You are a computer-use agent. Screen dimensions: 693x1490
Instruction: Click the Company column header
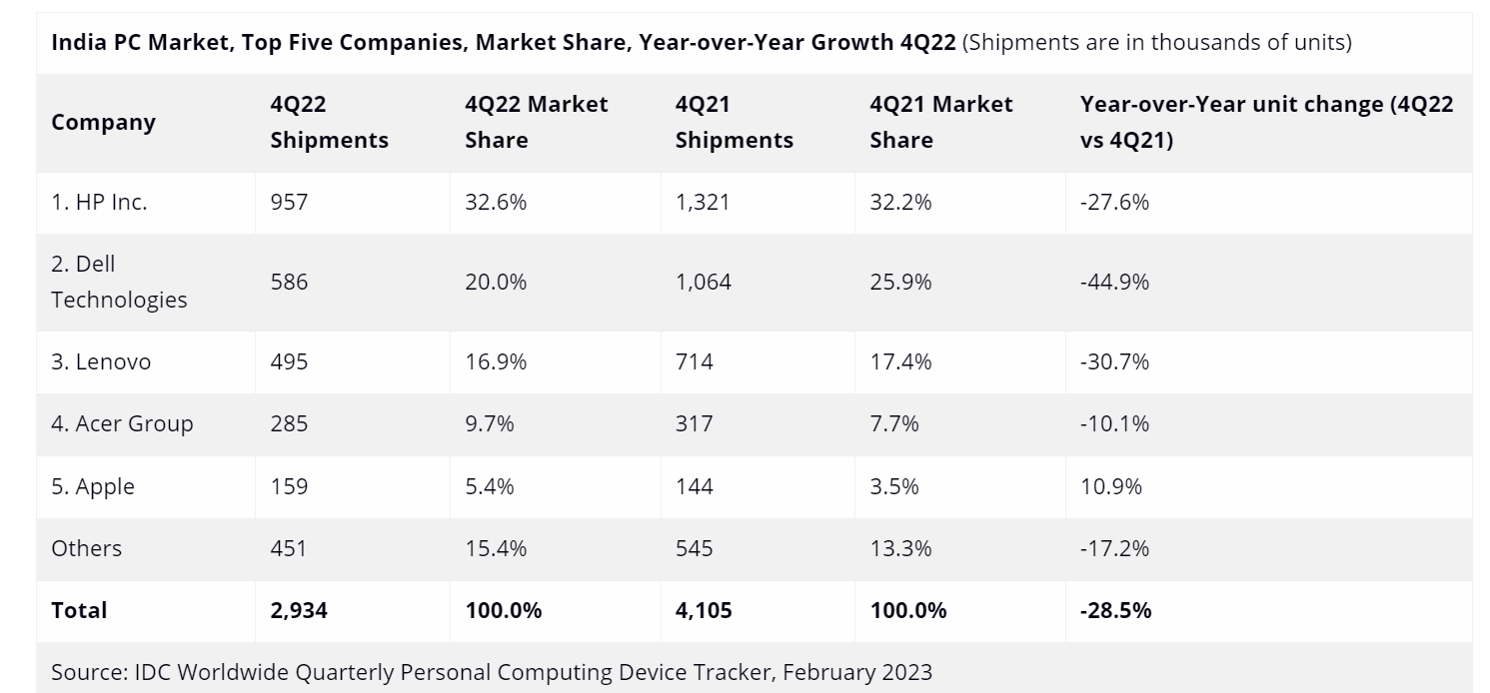click(103, 122)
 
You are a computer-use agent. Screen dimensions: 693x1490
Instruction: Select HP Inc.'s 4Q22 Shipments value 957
click(289, 202)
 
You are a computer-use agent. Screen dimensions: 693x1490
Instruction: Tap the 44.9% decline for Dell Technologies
click(1114, 282)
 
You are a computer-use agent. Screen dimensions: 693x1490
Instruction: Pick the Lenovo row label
click(101, 361)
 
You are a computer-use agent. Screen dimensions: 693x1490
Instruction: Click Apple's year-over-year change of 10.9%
click(1110, 486)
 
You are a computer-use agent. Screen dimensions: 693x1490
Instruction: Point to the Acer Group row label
click(122, 423)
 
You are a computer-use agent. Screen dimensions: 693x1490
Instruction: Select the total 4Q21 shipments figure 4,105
click(704, 610)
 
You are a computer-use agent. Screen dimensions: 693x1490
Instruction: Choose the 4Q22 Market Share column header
click(536, 122)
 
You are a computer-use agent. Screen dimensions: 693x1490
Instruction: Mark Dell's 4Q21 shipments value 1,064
click(703, 282)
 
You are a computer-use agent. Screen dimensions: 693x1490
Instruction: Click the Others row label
click(86, 548)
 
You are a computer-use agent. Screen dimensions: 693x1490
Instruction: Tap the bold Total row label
click(79, 610)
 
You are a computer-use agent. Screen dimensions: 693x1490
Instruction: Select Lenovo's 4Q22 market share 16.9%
click(496, 361)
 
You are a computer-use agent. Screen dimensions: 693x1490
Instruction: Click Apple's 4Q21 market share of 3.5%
click(900, 486)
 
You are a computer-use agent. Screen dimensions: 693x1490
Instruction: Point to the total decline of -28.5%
click(1115, 610)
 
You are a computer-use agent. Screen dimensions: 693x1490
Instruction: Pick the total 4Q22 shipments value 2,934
click(299, 610)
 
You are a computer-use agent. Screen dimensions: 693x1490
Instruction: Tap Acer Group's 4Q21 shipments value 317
click(694, 423)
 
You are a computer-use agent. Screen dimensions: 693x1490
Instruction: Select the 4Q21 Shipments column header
click(734, 122)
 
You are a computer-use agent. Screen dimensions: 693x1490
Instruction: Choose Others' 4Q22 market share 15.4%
click(496, 548)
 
